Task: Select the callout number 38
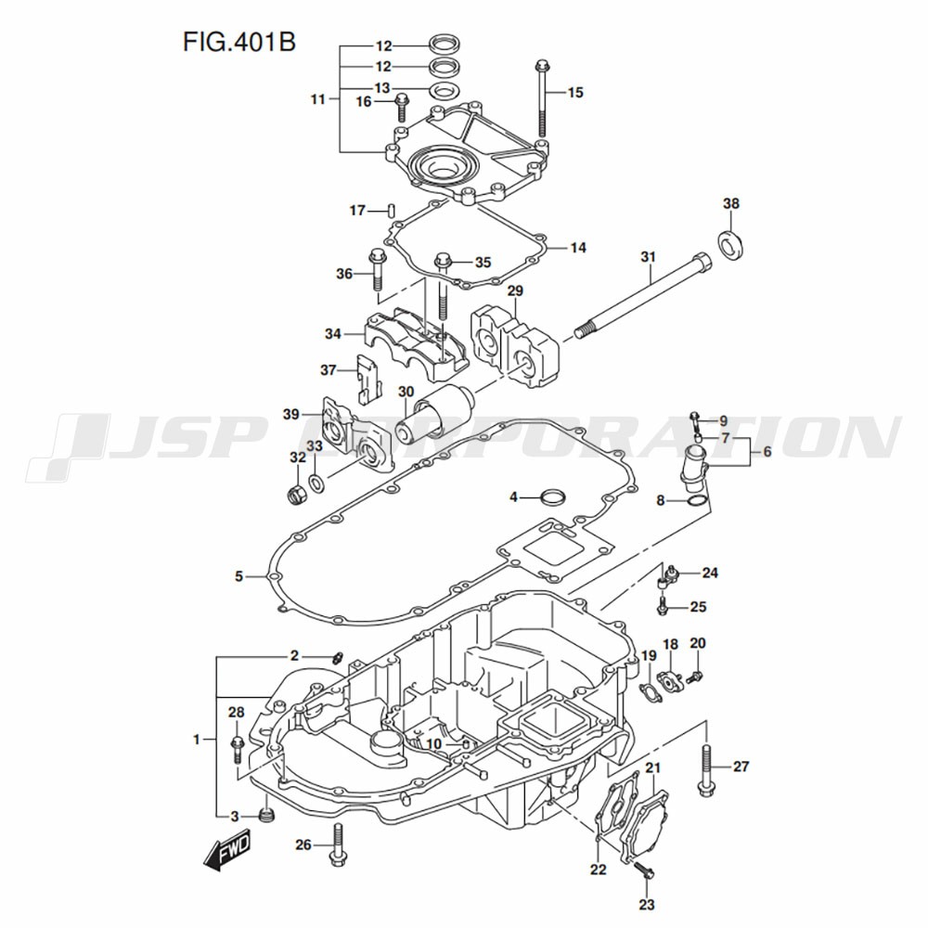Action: pos(731,204)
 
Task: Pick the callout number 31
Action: pos(648,256)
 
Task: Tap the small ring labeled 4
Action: pos(553,496)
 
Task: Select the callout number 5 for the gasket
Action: pos(238,577)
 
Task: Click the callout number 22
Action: pos(598,870)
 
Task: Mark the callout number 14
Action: pos(577,249)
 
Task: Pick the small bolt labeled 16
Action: pos(402,107)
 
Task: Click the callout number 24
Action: pos(710,573)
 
